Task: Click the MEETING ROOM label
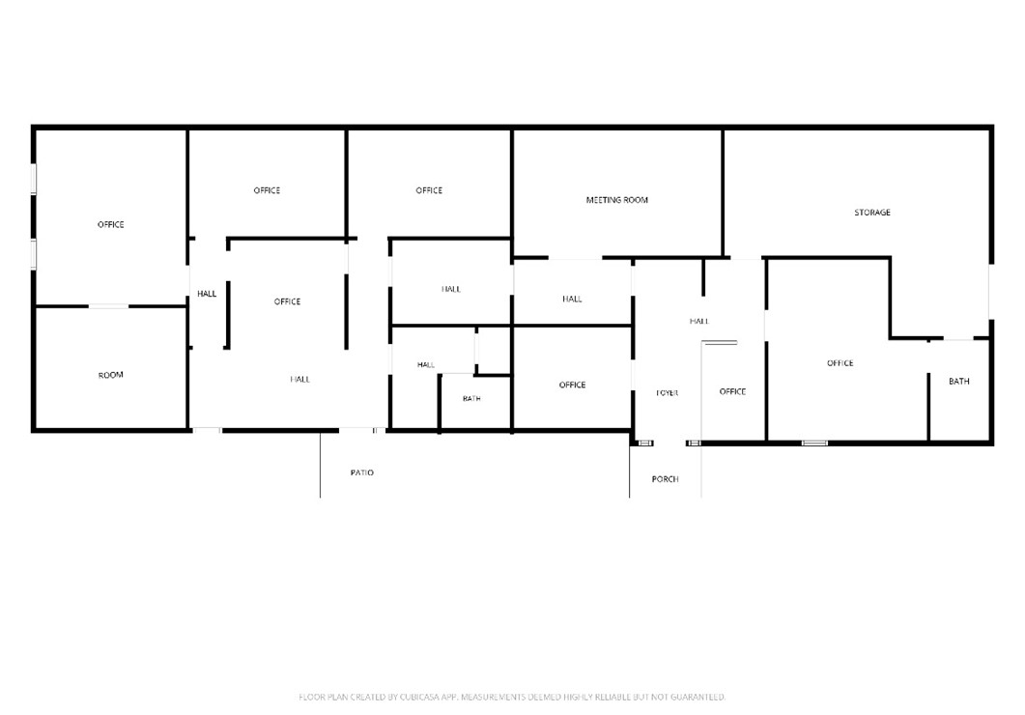pyautogui.click(x=616, y=200)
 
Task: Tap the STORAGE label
pyautogui.click(x=872, y=213)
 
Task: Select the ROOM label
pyautogui.click(x=110, y=375)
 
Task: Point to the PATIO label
pyautogui.click(x=361, y=472)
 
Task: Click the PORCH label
pyautogui.click(x=665, y=479)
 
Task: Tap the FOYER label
pyautogui.click(x=667, y=393)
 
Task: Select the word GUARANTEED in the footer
pyautogui.click(x=698, y=697)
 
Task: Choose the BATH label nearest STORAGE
pyautogui.click(x=959, y=381)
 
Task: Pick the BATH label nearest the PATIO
pyautogui.click(x=471, y=398)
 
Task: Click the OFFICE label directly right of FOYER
pyautogui.click(x=732, y=391)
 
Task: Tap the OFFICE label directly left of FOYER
pyautogui.click(x=572, y=385)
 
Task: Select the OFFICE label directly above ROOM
pyautogui.click(x=110, y=225)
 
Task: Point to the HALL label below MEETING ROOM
pyautogui.click(x=572, y=299)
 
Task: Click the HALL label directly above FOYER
pyautogui.click(x=698, y=321)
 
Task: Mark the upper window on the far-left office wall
pyautogui.click(x=34, y=179)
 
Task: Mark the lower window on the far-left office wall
pyautogui.click(x=34, y=254)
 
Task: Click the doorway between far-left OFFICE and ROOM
pyautogui.click(x=108, y=306)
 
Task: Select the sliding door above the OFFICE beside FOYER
pyautogui.click(x=720, y=342)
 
